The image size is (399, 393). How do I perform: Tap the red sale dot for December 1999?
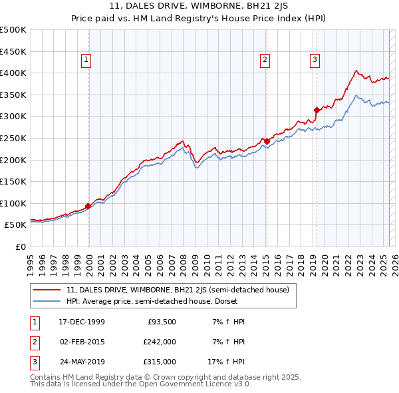click(x=88, y=206)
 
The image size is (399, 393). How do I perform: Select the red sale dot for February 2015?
click(x=267, y=141)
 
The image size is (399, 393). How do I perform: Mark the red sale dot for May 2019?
click(x=317, y=110)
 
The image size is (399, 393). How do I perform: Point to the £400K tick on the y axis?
click(x=13, y=73)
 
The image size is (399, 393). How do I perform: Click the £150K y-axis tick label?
click(x=13, y=181)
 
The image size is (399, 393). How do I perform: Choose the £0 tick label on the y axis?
click(x=21, y=246)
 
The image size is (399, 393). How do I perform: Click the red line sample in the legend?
click(x=47, y=290)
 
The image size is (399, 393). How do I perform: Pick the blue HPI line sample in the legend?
click(x=47, y=302)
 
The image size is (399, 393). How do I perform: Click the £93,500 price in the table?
click(x=161, y=322)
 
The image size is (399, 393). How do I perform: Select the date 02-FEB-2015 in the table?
click(x=82, y=342)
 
